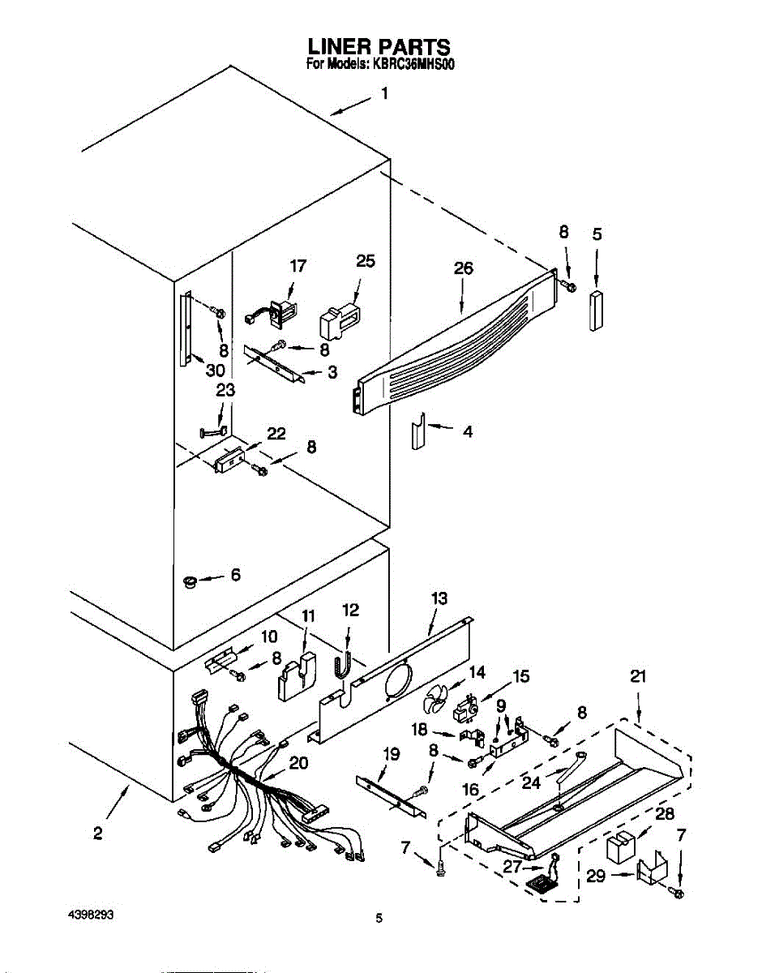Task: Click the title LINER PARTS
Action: [379, 47]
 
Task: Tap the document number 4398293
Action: [90, 914]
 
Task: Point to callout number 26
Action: [463, 268]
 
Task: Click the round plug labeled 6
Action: [191, 581]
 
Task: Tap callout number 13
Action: [439, 598]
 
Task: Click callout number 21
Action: [638, 676]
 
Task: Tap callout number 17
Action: [298, 264]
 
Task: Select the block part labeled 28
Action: [622, 847]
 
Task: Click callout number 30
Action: [215, 370]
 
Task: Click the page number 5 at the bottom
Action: [379, 919]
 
